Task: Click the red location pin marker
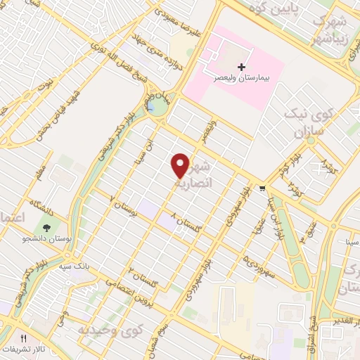181,165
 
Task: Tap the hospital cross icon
242,67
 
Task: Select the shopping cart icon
262,188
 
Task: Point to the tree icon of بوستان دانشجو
46,229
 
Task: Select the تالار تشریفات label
20,349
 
